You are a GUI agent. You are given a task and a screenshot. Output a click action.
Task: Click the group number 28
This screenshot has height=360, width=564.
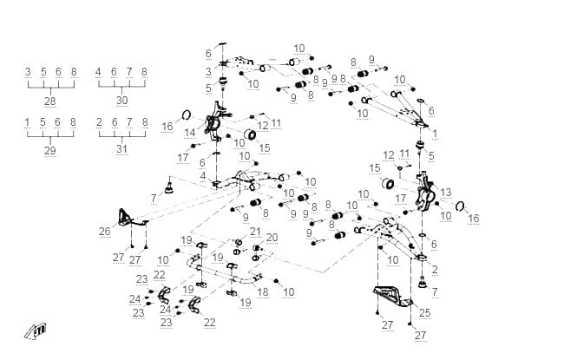50,101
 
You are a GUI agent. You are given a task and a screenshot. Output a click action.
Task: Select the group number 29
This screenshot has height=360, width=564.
50,151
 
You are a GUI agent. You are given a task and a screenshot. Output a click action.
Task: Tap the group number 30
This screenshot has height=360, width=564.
122,101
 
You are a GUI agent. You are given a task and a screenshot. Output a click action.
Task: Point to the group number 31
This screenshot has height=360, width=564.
122,149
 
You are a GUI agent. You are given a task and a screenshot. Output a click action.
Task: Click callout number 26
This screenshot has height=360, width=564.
105,232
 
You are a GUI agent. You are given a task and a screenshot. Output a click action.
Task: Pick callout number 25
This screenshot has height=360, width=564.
425,312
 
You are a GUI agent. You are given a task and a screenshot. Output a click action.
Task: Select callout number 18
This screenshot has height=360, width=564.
263,291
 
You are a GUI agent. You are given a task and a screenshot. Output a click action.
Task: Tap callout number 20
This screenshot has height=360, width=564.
272,238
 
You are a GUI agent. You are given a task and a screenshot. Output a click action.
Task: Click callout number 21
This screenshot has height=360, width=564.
255,232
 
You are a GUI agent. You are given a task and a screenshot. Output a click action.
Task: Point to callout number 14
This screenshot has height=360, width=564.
190,133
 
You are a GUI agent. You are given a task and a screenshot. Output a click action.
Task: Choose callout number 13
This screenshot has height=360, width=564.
446,193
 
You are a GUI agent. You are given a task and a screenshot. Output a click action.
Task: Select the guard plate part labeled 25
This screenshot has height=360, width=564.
395,296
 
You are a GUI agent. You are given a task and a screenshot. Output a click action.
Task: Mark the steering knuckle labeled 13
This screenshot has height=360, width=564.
426,191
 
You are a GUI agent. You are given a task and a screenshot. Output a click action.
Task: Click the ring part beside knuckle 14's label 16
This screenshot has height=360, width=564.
187,115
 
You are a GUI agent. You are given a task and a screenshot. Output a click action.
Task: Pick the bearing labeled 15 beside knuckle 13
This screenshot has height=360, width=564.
388,183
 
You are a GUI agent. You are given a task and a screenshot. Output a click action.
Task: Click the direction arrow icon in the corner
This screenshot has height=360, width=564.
36,331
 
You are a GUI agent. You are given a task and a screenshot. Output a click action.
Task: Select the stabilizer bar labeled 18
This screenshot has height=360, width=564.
223,271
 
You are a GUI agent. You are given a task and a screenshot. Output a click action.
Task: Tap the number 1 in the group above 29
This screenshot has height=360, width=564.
28,122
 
